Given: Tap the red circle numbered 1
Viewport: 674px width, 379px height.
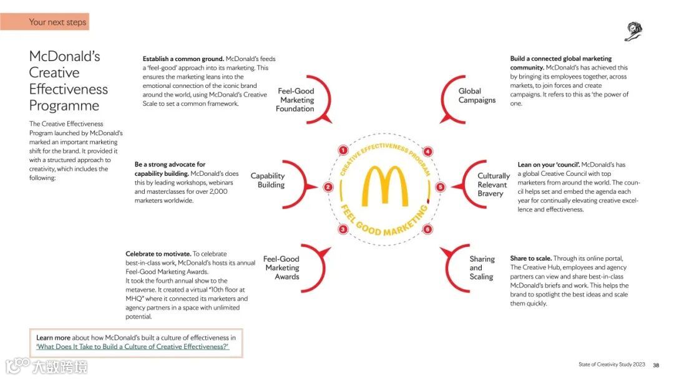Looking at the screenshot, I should [x=342, y=150].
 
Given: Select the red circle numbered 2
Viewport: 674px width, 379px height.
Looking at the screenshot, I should [x=328, y=187].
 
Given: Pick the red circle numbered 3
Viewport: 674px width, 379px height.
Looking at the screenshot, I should [x=343, y=229].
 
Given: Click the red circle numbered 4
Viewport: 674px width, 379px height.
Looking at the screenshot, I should [x=427, y=151].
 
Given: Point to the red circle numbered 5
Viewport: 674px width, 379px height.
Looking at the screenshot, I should [x=440, y=187].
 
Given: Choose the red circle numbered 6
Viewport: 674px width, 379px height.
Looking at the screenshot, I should [x=427, y=229].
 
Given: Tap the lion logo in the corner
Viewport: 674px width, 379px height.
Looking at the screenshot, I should [x=633, y=31].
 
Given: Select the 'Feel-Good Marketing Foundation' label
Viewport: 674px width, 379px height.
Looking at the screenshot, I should [x=296, y=100].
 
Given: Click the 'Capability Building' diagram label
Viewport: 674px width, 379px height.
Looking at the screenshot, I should [x=268, y=180].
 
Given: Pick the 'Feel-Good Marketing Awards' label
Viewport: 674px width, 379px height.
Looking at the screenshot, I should [x=281, y=267].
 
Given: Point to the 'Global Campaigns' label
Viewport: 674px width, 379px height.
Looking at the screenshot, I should [x=477, y=95].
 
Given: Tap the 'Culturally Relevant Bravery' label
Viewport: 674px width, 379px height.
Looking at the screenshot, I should [x=494, y=185].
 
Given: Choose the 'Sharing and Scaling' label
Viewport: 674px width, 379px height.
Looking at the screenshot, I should [x=482, y=267].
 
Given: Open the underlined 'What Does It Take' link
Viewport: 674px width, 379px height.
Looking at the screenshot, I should [x=132, y=347].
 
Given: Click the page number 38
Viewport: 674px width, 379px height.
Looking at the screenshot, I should [x=656, y=365].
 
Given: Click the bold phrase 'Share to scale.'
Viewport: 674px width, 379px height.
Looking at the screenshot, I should [x=530, y=258].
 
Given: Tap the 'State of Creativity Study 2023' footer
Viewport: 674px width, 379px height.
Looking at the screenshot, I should [x=612, y=365].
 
